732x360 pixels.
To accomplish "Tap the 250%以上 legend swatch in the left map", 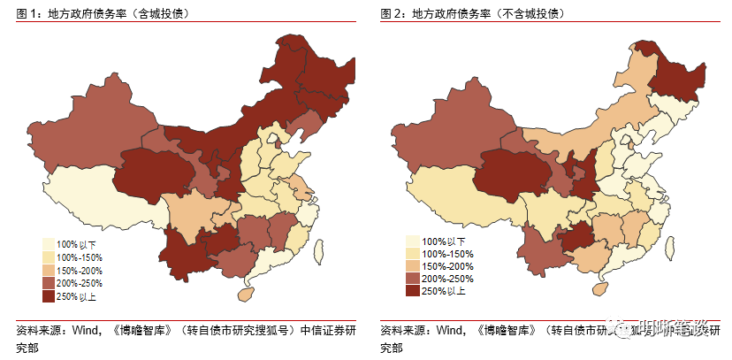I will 50,296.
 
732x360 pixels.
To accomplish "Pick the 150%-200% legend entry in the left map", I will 80,270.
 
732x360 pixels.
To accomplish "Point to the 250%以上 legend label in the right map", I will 443,291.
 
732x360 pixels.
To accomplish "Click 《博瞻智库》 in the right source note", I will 504,332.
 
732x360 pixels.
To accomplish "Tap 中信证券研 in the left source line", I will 328,332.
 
